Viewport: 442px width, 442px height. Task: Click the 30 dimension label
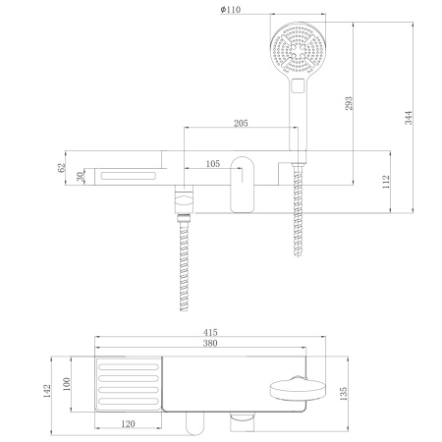83,177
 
